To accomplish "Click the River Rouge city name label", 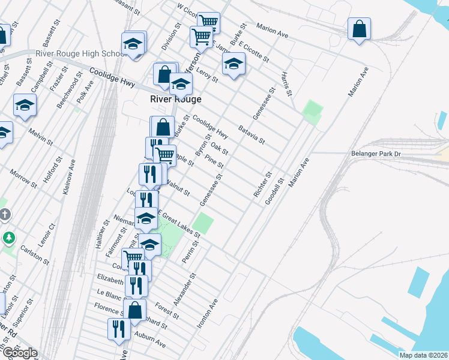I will (175, 99).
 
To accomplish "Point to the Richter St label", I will (262, 185).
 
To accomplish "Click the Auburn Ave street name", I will (150, 340).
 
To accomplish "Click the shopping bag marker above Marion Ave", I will (358, 29).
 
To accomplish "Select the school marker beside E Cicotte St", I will (233, 64).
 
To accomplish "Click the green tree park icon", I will (8, 238).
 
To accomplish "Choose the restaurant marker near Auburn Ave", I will (118, 328).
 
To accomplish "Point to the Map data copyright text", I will (424, 355).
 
